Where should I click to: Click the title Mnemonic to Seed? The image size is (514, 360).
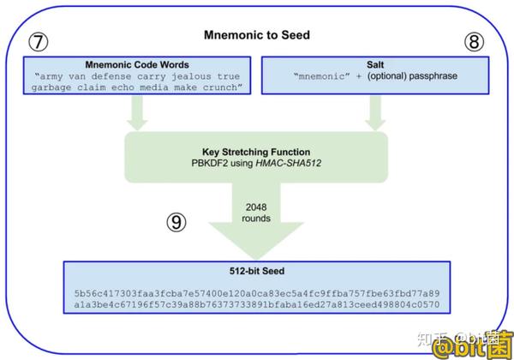coord(257,35)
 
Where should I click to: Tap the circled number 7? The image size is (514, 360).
coord(39,42)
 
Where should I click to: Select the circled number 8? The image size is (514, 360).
coord(474,42)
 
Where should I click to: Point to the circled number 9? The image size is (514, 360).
coord(176,222)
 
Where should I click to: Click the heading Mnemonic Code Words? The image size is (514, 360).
coord(137,64)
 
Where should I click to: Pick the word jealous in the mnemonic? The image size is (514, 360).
coord(191,77)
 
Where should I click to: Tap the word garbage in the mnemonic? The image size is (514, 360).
coord(51,88)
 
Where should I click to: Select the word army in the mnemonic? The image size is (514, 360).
coord(51,77)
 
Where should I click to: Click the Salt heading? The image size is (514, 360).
coord(375,64)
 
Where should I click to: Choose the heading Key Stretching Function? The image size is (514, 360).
coord(256,152)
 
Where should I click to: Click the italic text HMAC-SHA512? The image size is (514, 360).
coord(288,163)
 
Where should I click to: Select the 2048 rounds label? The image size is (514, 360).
coord(256,213)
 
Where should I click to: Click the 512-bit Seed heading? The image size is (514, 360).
coord(257,271)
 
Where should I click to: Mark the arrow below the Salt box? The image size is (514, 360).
coord(375,113)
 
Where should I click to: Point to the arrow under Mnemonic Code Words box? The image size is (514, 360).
coord(137,113)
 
